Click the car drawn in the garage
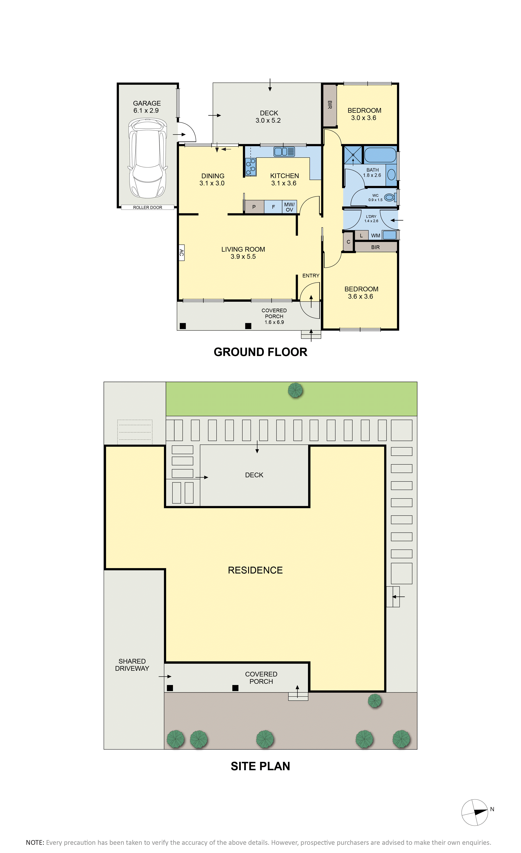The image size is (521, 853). pyautogui.click(x=148, y=158)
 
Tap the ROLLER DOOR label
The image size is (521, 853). pyautogui.click(x=148, y=207)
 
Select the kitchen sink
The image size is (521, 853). pyautogui.click(x=284, y=151)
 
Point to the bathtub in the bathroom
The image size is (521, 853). pyautogui.click(x=380, y=155)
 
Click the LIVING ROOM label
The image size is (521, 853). pyautogui.click(x=243, y=249)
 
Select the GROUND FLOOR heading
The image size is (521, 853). pyautogui.click(x=260, y=352)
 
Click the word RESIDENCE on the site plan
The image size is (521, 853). pyautogui.click(x=255, y=570)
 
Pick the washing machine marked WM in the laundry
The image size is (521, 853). pyautogui.click(x=389, y=235)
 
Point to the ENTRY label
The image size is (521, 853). pyautogui.click(x=311, y=276)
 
